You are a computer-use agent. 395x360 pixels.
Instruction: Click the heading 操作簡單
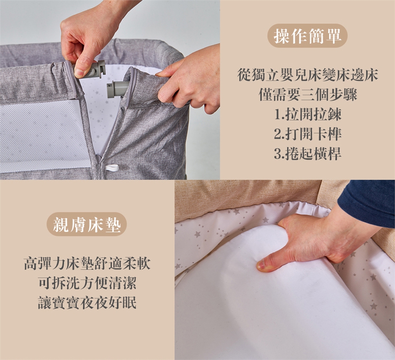[307, 36]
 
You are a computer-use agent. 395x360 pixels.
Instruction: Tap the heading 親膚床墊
[87, 224]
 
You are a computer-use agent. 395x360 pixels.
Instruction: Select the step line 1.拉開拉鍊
[308, 115]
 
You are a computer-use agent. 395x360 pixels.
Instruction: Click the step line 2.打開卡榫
[308, 134]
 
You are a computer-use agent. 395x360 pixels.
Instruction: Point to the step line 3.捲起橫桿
[308, 153]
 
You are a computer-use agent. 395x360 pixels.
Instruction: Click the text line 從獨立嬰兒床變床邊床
[308, 75]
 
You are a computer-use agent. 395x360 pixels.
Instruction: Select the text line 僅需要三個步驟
[308, 95]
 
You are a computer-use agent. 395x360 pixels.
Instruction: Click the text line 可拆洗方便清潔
[87, 283]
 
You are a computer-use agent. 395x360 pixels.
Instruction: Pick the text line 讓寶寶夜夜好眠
[87, 302]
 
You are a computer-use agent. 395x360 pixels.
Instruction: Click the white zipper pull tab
[112, 167]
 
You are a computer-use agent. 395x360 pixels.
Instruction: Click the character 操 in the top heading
[282, 36]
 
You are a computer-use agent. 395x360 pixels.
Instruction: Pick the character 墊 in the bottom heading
[113, 224]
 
